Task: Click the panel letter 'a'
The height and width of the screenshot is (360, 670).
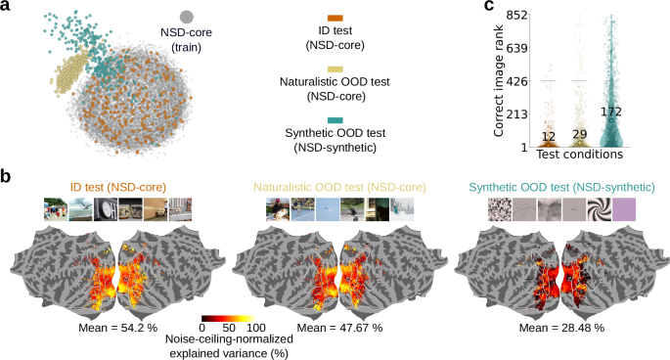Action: (8, 8)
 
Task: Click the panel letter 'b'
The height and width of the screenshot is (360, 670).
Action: (8, 178)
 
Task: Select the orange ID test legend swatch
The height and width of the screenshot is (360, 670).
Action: (335, 19)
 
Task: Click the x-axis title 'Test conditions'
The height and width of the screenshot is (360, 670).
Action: (582, 155)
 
